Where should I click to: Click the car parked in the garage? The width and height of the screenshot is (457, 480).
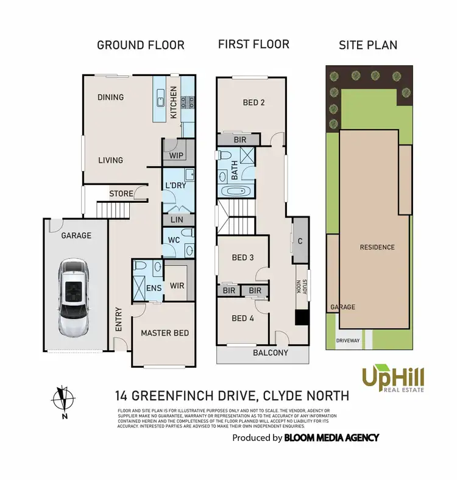coord(73,297)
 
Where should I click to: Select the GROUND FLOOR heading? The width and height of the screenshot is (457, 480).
coord(141,45)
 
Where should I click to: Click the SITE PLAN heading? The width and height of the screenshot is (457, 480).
coord(368,45)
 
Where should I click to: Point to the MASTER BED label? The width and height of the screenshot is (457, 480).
coord(165,333)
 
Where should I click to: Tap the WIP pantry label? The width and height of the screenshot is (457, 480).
coord(177,155)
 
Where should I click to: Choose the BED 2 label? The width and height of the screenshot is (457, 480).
coord(253,102)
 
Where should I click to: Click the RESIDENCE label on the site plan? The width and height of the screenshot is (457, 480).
coord(377,247)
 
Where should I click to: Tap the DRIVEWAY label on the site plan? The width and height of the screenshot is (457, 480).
coord(348,341)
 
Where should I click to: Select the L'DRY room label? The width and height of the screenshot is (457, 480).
coord(175,186)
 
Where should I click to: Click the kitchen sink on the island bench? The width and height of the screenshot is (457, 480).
coord(160,97)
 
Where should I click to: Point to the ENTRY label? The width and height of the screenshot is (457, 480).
coord(118,319)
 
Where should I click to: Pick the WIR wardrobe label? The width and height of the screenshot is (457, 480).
coord(177,285)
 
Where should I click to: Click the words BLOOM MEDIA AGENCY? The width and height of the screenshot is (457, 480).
coord(331,437)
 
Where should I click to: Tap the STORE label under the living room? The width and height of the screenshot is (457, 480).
coord(121,194)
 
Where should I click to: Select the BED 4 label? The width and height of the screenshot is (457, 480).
coord(243,318)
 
